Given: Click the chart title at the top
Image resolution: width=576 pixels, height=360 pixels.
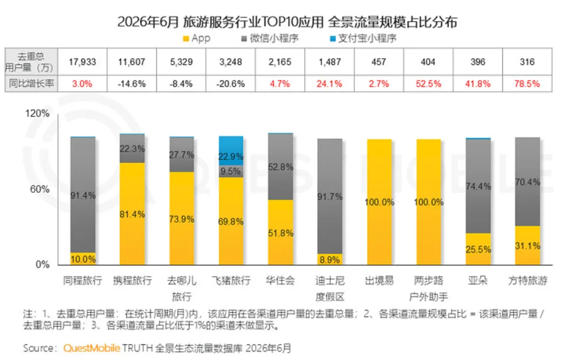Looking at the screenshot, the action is [287, 21].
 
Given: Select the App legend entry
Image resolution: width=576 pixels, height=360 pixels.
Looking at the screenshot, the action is [196, 38].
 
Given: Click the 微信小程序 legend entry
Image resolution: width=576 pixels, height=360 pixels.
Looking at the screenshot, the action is [270, 38].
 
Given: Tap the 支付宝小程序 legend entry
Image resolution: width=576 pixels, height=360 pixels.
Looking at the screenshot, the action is [363, 38].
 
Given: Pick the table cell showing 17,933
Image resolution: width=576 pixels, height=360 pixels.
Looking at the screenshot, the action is [82, 62].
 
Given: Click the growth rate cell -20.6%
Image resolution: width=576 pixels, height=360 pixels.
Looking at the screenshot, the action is [231, 84].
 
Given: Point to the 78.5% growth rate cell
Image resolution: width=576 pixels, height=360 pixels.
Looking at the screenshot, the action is [527, 84].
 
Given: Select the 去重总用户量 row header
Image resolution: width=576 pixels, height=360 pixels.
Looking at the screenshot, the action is [31, 62].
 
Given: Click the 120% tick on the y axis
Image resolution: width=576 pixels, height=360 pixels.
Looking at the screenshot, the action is [37, 113].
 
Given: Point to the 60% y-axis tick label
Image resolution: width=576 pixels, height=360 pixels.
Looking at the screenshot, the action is [39, 189].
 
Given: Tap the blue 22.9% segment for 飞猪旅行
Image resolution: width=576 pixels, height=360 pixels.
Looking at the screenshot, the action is [231, 150].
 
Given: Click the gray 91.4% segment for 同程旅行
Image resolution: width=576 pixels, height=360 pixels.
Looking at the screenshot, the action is [83, 195].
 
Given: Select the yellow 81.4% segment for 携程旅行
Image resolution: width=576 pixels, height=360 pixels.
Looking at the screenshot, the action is [132, 213].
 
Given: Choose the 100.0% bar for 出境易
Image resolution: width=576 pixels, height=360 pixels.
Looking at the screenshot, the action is [380, 202].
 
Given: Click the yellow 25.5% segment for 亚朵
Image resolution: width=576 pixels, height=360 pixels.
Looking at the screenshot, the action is [478, 249].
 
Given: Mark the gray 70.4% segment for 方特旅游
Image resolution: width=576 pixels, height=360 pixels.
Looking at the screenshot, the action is [527, 182].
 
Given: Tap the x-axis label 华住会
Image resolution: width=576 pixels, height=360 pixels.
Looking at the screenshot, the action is [281, 281].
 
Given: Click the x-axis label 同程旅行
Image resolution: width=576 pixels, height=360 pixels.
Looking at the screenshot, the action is [83, 281].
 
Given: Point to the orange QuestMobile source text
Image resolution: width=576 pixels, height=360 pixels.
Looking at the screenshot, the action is [92, 348].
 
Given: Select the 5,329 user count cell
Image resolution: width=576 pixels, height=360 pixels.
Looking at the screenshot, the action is [181, 62].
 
